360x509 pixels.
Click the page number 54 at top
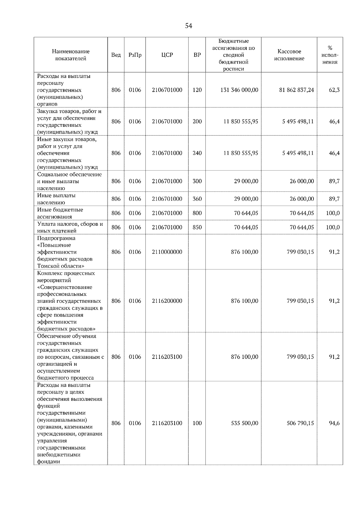tap(188, 26)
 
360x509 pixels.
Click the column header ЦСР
tap(167, 55)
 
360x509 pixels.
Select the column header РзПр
tap(135, 55)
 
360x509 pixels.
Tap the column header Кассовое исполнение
tap(289, 55)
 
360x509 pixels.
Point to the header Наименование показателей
tap(70, 55)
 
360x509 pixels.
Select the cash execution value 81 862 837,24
tap(296, 90)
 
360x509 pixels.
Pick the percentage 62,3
tap(334, 90)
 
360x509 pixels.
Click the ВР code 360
tap(197, 199)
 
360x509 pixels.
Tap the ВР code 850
tap(197, 227)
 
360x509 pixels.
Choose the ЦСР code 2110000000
tap(167, 252)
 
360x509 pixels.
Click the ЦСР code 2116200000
tap(167, 301)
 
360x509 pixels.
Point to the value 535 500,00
tap(244, 423)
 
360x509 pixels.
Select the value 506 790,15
tap(300, 423)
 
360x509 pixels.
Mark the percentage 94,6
tap(334, 423)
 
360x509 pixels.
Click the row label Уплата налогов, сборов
tap(70, 224)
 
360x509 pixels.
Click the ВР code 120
tap(197, 90)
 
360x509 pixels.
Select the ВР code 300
tap(197, 181)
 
